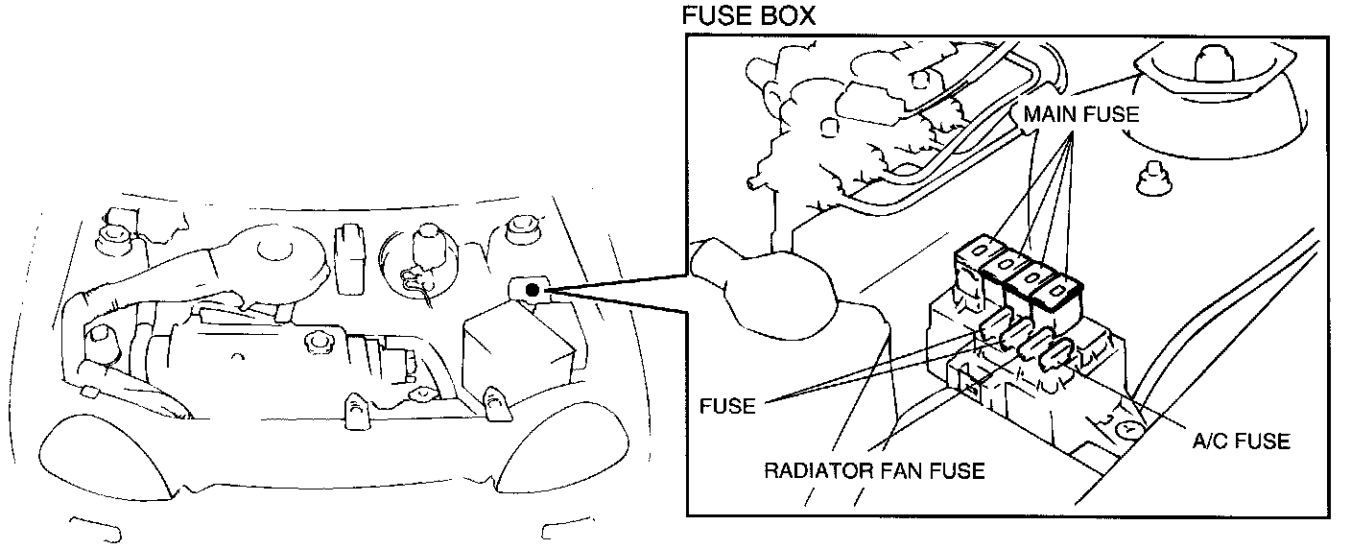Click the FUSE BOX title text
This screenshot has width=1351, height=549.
point(747,17)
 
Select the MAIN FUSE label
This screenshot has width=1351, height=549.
point(1080,114)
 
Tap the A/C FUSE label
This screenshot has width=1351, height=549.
point(1242,442)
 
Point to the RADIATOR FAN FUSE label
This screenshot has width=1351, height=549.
point(874,470)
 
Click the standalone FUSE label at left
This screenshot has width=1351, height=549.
point(727,406)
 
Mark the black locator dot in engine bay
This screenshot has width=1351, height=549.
point(533,288)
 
